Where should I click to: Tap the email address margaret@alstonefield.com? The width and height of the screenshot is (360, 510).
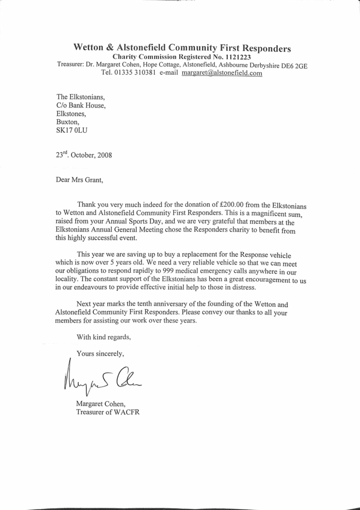[222, 73]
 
